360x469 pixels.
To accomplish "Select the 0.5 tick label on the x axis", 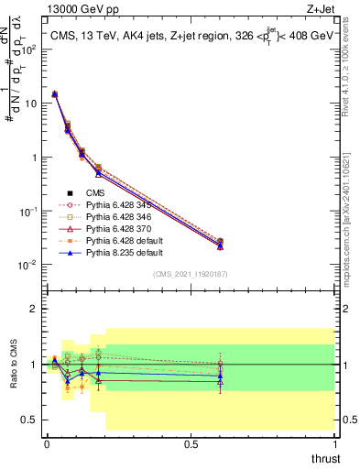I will (191, 444).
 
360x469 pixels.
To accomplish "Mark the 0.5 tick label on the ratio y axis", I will (30, 420).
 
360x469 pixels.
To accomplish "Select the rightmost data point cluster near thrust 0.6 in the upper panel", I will (220, 244).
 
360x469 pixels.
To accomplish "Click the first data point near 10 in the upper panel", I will (54, 93).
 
